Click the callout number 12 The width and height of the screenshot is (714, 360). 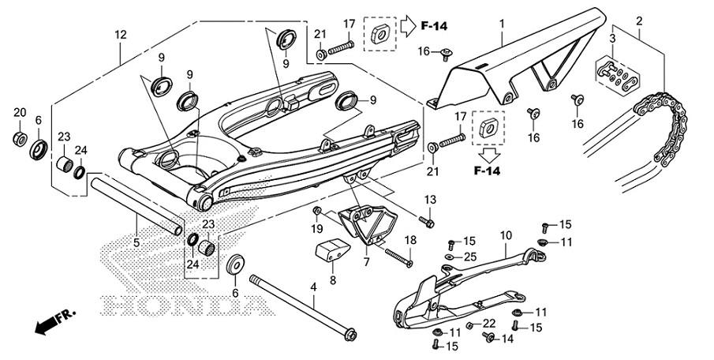tap(120, 35)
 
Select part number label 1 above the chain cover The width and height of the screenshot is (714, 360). tap(500, 25)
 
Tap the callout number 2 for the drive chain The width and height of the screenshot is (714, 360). tap(639, 21)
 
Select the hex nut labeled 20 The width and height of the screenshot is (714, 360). tap(19, 140)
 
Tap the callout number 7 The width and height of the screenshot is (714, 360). tap(365, 261)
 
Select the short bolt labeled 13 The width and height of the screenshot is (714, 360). tap(428, 222)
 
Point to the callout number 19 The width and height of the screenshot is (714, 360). tap(317, 229)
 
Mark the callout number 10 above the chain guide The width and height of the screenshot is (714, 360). tap(506, 234)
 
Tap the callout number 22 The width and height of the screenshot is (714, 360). tap(489, 323)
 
